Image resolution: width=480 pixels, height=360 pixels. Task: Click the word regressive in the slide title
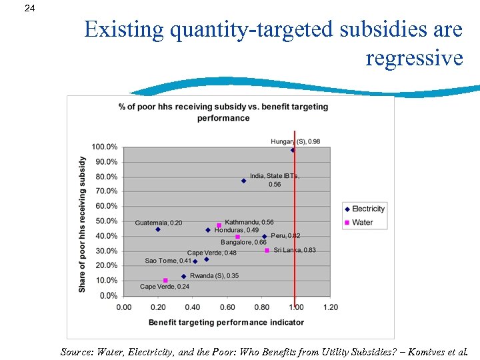(x=413, y=58)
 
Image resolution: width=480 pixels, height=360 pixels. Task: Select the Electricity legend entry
(x=368, y=209)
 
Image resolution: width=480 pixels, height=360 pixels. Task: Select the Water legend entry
(x=362, y=223)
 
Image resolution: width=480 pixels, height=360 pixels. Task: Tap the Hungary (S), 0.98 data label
(x=295, y=141)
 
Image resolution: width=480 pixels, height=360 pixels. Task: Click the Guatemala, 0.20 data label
(x=158, y=223)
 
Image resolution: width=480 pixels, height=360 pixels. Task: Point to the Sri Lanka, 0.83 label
(x=295, y=250)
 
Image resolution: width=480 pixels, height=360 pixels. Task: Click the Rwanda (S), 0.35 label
(x=214, y=275)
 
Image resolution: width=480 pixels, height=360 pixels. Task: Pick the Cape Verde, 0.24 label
(x=164, y=287)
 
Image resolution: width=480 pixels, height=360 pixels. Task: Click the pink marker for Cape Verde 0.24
(x=165, y=281)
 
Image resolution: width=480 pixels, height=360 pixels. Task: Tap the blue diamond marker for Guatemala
(x=158, y=229)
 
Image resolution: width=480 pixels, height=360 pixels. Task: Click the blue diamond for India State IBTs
(x=244, y=181)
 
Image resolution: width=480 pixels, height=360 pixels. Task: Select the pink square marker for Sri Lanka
(x=267, y=251)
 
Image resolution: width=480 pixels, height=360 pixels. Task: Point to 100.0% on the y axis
(x=105, y=147)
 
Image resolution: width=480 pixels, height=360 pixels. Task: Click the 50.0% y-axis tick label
(x=106, y=221)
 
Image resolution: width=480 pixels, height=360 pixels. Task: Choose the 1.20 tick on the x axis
(x=330, y=307)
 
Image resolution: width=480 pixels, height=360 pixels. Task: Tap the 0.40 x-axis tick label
(x=193, y=307)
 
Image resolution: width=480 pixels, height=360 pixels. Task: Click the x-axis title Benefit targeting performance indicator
(x=226, y=322)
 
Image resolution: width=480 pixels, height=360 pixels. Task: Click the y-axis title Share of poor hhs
(x=83, y=224)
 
